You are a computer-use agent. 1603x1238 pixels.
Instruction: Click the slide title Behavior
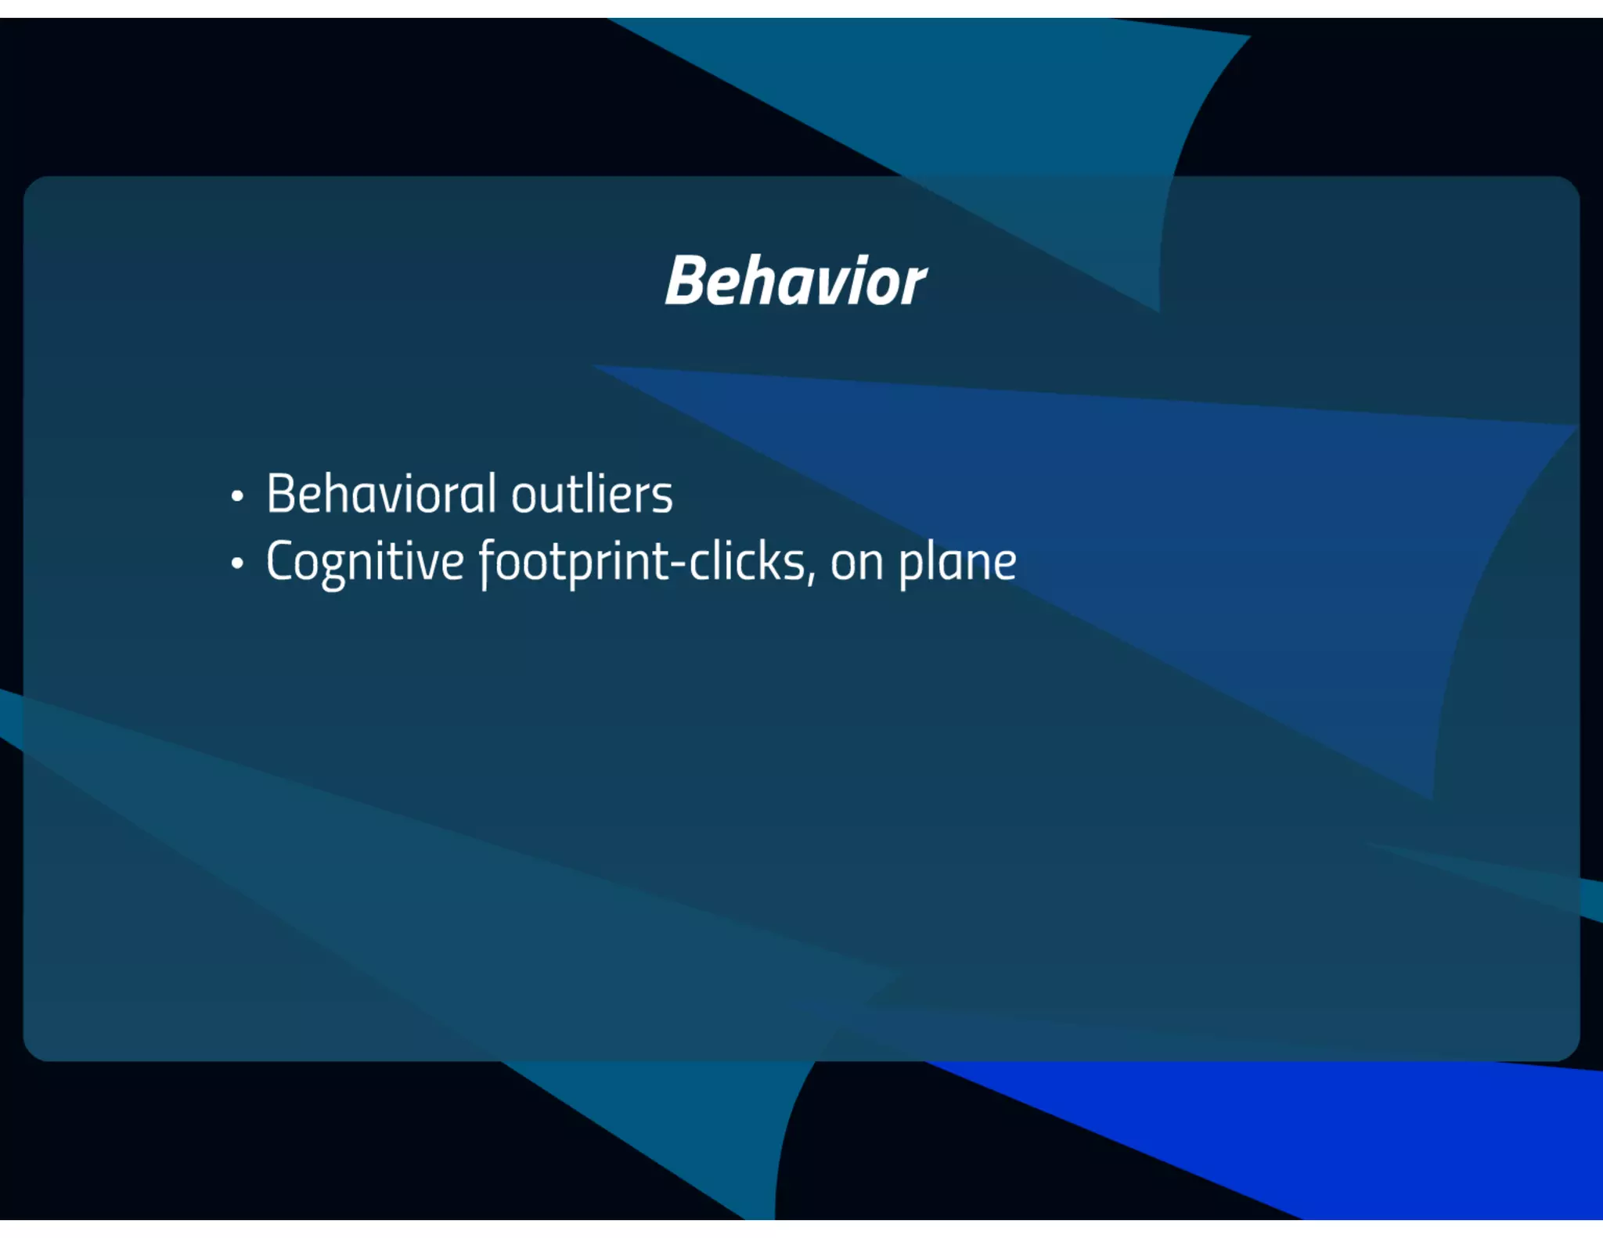click(795, 281)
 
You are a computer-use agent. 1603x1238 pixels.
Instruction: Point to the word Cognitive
click(365, 562)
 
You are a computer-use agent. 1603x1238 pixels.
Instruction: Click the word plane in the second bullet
click(957, 562)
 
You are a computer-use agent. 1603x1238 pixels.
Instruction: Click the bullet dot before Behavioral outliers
click(237, 496)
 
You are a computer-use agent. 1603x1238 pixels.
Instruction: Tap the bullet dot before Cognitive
click(237, 563)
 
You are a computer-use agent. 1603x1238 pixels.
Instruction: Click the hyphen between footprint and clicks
click(678, 563)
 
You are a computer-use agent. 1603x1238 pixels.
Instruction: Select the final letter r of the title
click(912, 283)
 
